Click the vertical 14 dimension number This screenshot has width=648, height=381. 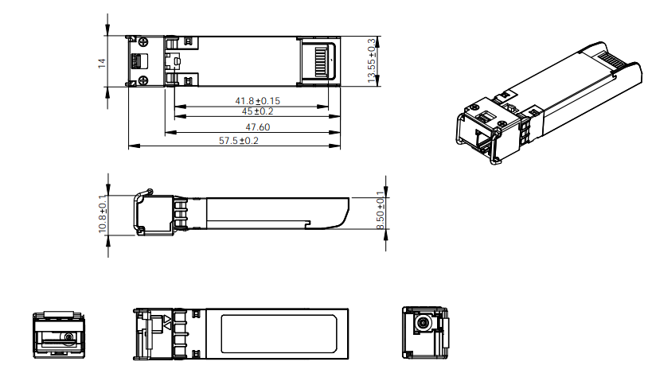point(102,62)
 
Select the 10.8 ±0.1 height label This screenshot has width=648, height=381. point(102,214)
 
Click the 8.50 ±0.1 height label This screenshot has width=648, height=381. point(381,211)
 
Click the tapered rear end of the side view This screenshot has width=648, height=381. point(342,214)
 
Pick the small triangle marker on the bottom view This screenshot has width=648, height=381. point(168,322)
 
